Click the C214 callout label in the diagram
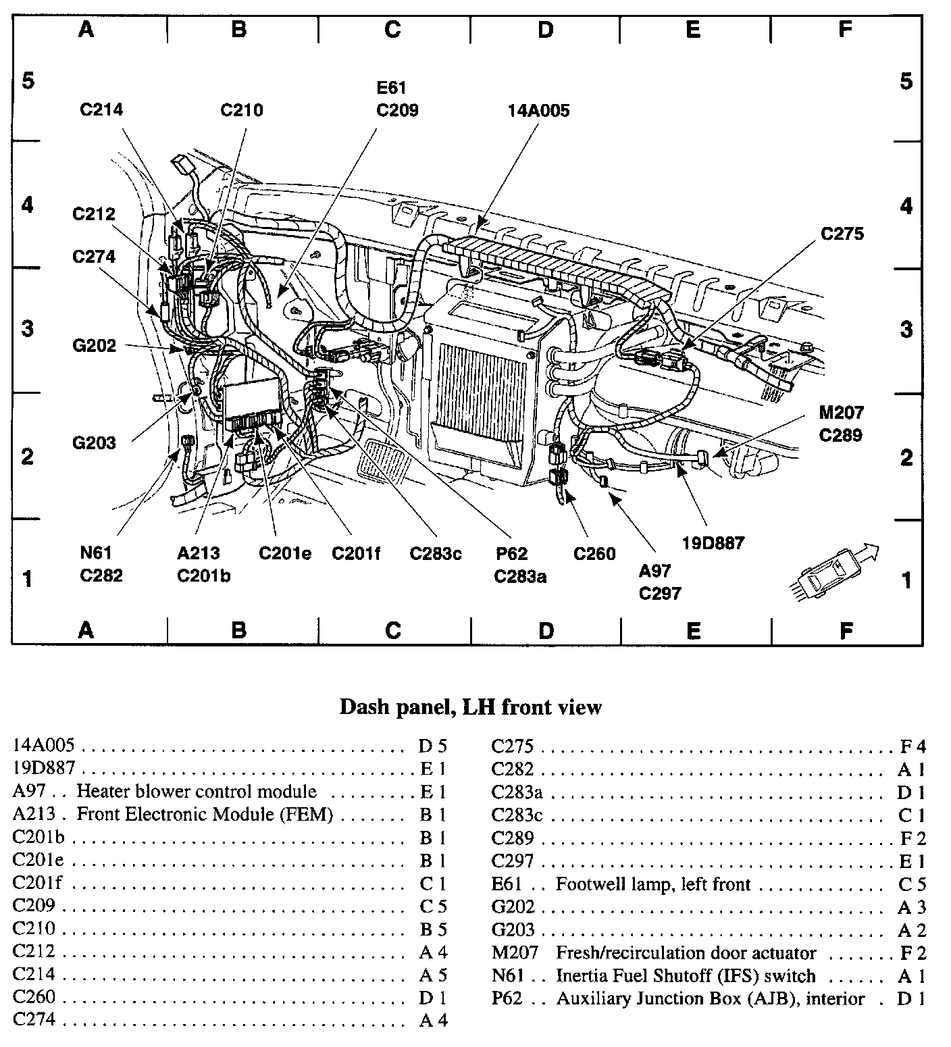(x=101, y=109)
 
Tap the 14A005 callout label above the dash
(x=538, y=110)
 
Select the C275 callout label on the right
(x=842, y=234)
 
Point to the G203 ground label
(x=94, y=443)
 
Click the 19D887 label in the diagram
(x=713, y=542)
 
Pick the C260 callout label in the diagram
(x=594, y=554)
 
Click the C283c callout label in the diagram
(x=436, y=554)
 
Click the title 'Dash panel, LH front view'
(x=470, y=707)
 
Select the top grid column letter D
(x=546, y=29)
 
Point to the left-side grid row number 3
(x=27, y=329)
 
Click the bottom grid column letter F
(x=846, y=631)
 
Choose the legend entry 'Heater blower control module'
(x=196, y=791)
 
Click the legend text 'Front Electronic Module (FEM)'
(x=205, y=814)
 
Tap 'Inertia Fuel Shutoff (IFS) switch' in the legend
(x=686, y=976)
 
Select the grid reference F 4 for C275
(x=913, y=746)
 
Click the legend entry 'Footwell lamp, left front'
(x=653, y=884)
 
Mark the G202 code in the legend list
(x=513, y=907)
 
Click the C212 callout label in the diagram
(x=94, y=215)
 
